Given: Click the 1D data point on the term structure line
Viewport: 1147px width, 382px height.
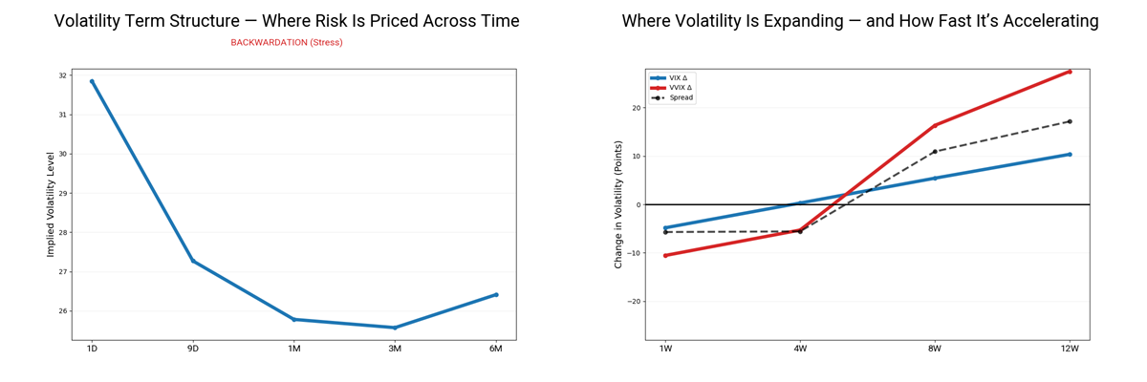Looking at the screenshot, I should coord(92,81).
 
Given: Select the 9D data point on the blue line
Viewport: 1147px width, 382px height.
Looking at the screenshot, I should coord(193,261).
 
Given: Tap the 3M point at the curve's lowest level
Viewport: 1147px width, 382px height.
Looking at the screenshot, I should coord(395,328).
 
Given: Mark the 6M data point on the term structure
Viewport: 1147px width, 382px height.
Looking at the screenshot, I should coord(496,294).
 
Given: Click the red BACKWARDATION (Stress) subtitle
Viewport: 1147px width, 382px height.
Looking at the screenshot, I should coord(286,43).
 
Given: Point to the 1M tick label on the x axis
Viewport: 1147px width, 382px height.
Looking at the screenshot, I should coord(293,349).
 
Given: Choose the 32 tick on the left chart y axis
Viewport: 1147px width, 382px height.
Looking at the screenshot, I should coord(62,75).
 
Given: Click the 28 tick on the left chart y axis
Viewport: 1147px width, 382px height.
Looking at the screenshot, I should coord(62,232).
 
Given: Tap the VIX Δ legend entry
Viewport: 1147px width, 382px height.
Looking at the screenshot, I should coord(681,77).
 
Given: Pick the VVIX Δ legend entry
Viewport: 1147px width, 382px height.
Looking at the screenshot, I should coord(682,87).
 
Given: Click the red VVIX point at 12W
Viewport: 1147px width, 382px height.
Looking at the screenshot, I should coord(1070,72).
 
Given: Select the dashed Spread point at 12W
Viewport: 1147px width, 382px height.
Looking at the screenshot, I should coord(1070,121).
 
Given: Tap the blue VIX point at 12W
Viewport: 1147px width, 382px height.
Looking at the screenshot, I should coord(1070,154).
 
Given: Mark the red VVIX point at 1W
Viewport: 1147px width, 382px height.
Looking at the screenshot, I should coord(665,255).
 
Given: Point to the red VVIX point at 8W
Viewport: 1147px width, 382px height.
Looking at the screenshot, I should coord(935,125).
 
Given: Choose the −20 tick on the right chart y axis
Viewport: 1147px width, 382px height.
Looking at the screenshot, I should coord(631,302).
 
